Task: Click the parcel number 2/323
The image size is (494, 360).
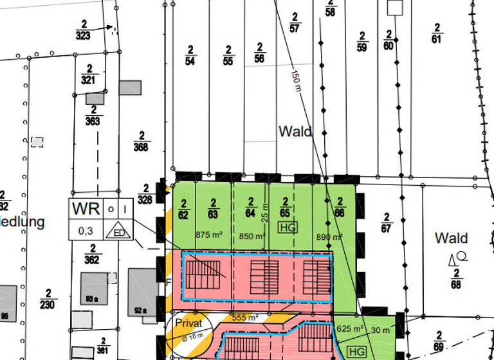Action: tap(82, 30)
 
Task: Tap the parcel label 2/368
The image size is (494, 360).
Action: tap(141, 141)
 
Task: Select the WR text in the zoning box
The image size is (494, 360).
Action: tap(86, 210)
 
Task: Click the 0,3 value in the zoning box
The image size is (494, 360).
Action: tap(86, 230)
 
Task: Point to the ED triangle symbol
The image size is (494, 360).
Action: tap(118, 231)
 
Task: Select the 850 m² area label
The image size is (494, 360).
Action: tap(252, 236)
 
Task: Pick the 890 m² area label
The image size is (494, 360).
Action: tap(329, 237)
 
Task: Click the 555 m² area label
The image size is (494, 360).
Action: tap(245, 318)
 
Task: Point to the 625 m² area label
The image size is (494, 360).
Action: tap(350, 328)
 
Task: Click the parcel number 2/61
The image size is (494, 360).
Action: tap(437, 33)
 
